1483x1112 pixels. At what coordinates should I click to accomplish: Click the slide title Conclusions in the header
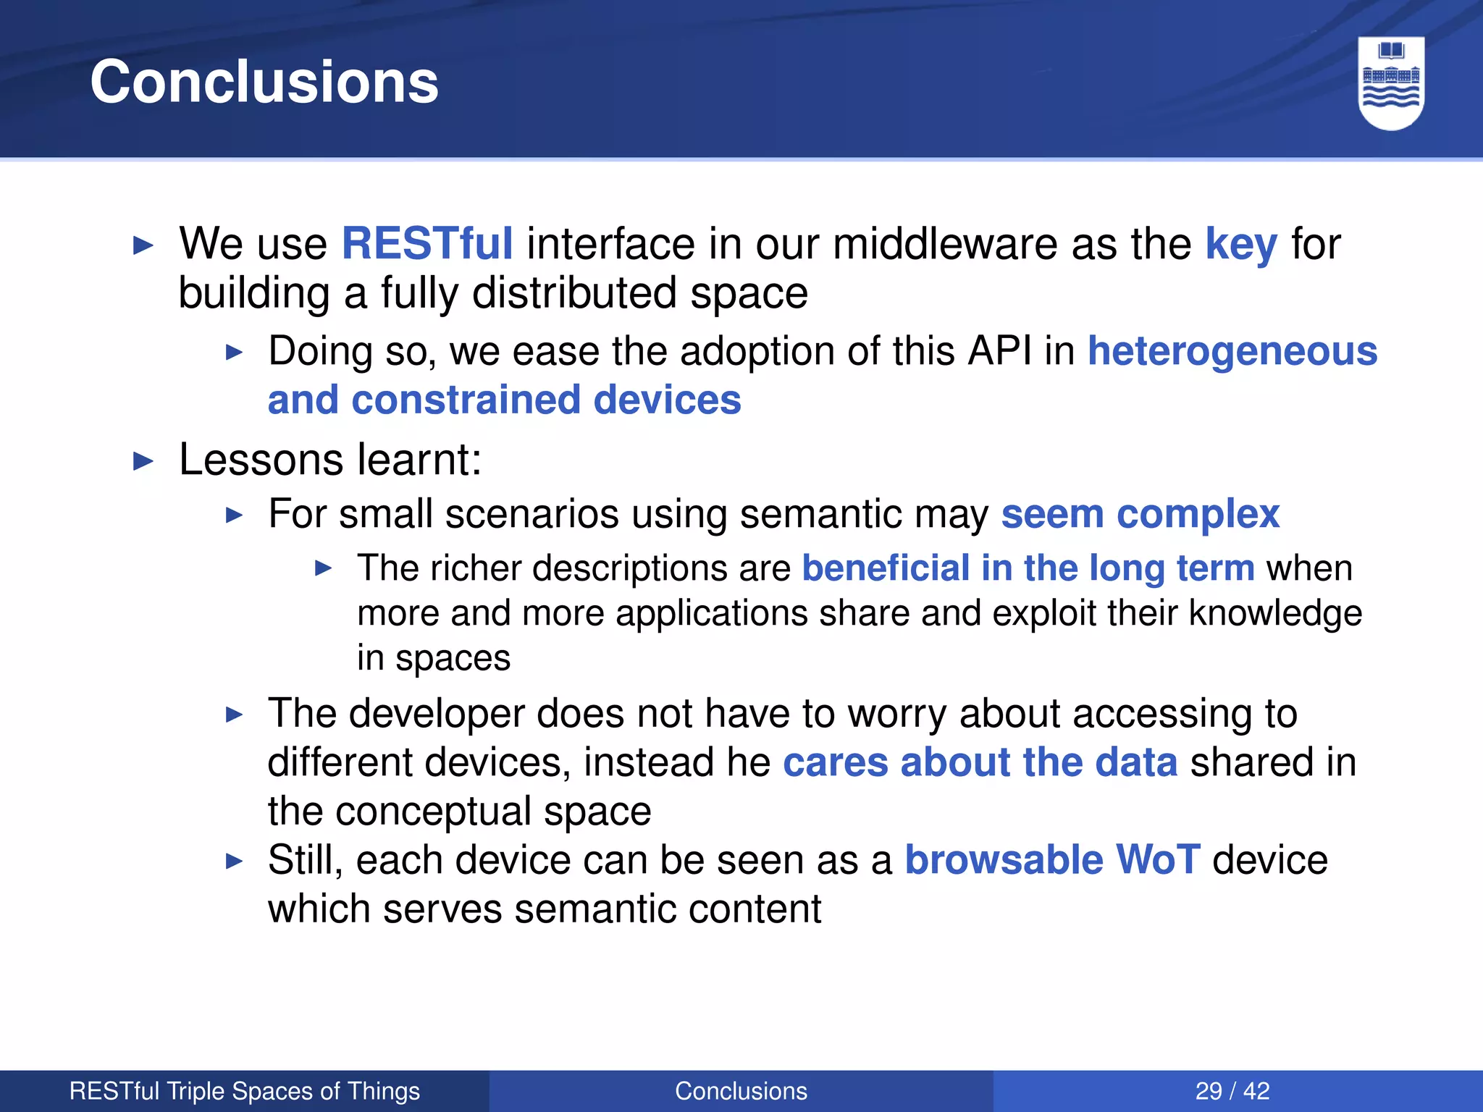click(x=264, y=82)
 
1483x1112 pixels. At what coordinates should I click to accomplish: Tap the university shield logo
click(x=1391, y=83)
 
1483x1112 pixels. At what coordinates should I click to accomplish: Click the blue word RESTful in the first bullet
click(x=427, y=243)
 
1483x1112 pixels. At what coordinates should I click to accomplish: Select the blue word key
click(x=1240, y=245)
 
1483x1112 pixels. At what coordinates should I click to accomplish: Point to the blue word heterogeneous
click(x=1232, y=352)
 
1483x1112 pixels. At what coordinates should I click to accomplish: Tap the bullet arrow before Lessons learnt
click(x=144, y=461)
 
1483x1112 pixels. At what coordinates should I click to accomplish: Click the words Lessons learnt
click(x=330, y=460)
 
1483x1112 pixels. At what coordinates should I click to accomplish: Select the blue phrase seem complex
click(x=1140, y=515)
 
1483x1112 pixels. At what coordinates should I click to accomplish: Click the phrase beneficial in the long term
click(x=1028, y=568)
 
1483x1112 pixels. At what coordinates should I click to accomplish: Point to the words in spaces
click(x=434, y=658)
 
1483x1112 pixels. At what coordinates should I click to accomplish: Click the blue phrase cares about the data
click(x=980, y=763)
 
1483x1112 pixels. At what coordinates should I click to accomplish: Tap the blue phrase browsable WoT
click(x=1053, y=860)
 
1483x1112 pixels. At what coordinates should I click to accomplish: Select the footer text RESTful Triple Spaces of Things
click(x=245, y=1091)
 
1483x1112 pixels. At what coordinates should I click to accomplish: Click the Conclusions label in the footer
click(x=741, y=1091)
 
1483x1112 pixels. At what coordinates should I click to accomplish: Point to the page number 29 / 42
click(x=1232, y=1091)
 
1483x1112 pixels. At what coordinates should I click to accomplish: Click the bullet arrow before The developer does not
click(x=234, y=715)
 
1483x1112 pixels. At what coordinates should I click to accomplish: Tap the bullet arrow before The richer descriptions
click(x=323, y=568)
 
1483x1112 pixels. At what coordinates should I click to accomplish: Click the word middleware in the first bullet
click(x=946, y=244)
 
